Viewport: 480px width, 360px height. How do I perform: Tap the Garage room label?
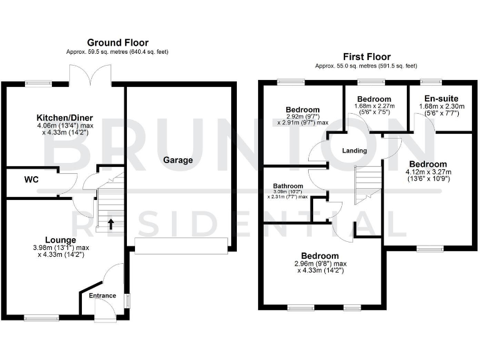pos(178,160)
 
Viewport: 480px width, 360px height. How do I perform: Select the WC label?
pos(31,180)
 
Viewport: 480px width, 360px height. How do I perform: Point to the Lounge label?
pos(61,240)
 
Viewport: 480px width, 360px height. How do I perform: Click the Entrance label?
pos(102,296)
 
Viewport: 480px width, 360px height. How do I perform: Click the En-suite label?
pos(441,99)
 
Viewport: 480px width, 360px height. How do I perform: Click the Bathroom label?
pos(288,186)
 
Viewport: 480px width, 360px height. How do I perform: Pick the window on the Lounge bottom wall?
pos(42,317)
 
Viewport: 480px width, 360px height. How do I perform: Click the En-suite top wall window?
pos(429,81)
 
